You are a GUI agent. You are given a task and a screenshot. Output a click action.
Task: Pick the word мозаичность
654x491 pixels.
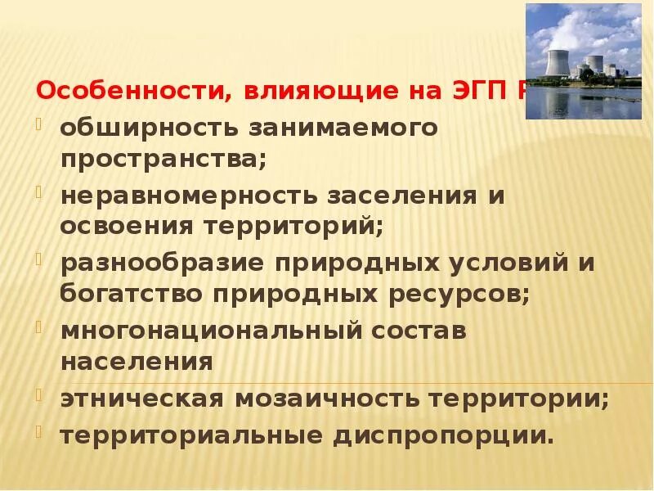pos(332,400)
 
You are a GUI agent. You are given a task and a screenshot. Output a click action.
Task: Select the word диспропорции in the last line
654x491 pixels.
pos(442,435)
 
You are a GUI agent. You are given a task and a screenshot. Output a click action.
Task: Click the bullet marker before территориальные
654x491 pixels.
pos(40,430)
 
